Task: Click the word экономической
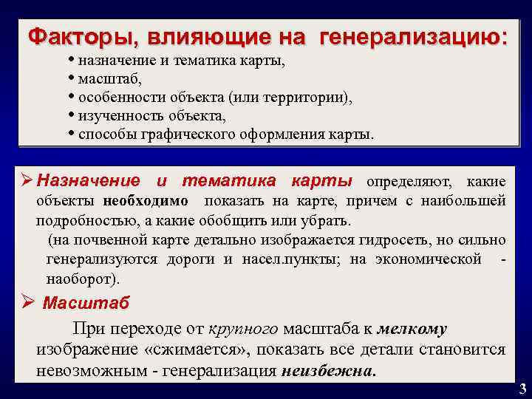pyautogui.click(x=429, y=260)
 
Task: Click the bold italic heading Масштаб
pyautogui.click(x=86, y=303)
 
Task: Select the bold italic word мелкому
pyautogui.click(x=413, y=329)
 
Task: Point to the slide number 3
pyautogui.click(x=522, y=389)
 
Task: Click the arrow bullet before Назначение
pyautogui.click(x=28, y=180)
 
